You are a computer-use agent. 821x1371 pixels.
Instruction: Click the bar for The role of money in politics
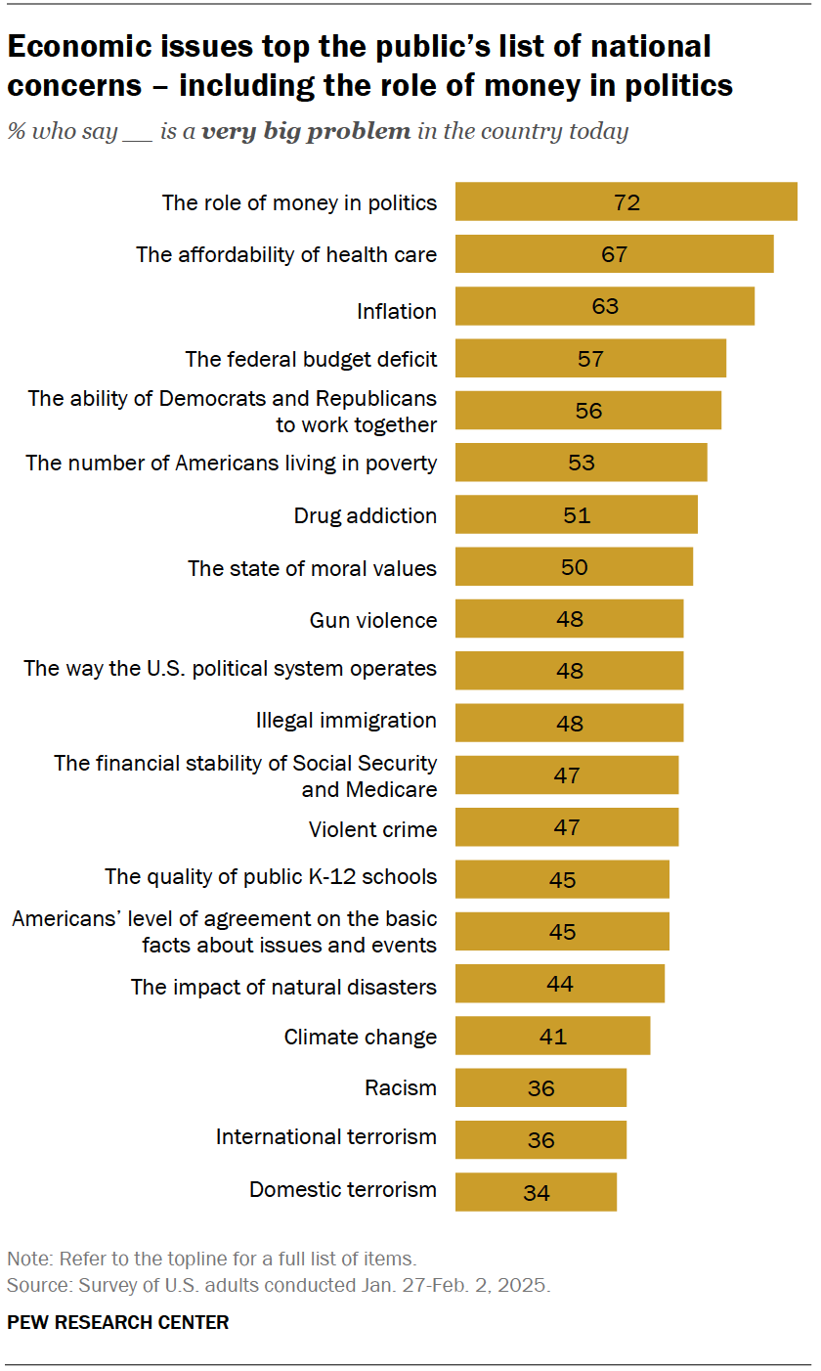click(626, 202)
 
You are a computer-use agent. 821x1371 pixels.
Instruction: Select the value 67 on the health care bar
click(614, 254)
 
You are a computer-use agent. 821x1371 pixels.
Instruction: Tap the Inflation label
click(396, 311)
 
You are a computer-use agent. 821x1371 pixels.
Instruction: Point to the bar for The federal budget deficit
click(590, 359)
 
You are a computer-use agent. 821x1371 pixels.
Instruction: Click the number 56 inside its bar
click(588, 411)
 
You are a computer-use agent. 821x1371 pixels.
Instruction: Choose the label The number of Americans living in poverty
click(231, 463)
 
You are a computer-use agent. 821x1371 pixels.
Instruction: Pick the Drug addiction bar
click(576, 514)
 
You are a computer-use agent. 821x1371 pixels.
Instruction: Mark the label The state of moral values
click(312, 568)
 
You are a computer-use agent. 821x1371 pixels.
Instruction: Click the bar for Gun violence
click(569, 619)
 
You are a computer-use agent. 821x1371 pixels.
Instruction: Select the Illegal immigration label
click(346, 721)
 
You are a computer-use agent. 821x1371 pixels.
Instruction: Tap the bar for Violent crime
click(566, 827)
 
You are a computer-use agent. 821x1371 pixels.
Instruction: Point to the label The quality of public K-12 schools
click(271, 876)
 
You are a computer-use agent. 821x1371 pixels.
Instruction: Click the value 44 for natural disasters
click(560, 984)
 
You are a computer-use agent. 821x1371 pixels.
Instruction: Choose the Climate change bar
click(552, 1036)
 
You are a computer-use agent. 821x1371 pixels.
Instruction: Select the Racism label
click(401, 1087)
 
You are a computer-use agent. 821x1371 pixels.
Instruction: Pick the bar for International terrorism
click(540, 1139)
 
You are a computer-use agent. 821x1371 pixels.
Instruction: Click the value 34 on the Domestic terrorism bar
click(536, 1193)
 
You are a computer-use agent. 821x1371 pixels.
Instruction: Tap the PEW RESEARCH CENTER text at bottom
click(118, 1322)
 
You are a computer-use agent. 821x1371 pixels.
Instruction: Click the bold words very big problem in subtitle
click(306, 131)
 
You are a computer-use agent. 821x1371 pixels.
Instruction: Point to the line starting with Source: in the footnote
click(279, 1284)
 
